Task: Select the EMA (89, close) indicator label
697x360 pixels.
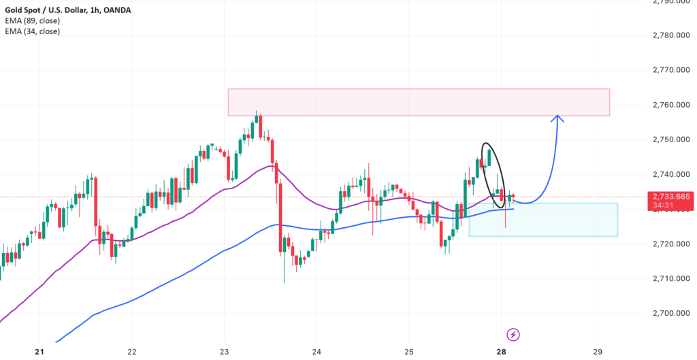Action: pyautogui.click(x=32, y=21)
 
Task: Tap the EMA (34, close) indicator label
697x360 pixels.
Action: pyautogui.click(x=32, y=31)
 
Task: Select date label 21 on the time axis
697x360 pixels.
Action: pyautogui.click(x=39, y=351)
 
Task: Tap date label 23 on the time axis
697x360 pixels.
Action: pyautogui.click(x=225, y=351)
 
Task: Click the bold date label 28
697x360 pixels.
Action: pyautogui.click(x=502, y=351)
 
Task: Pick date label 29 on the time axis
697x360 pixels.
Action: pyautogui.click(x=597, y=351)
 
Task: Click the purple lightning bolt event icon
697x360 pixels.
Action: pyautogui.click(x=513, y=334)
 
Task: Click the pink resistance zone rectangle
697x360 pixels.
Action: pyautogui.click(x=418, y=102)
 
